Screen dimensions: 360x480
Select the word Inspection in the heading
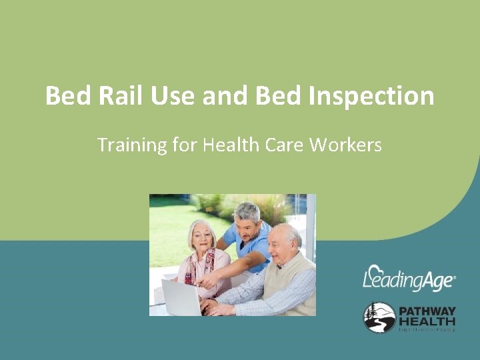372,96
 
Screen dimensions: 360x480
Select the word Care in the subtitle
287,145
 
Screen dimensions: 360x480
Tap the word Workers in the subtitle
346,145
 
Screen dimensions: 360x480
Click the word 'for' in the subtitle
187,145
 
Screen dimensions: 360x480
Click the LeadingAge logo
409,279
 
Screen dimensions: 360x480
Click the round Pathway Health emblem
379,317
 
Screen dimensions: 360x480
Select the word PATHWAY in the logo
427,311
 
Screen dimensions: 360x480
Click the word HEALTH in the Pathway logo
427,322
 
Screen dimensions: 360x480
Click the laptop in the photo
180,297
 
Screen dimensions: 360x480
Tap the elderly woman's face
200,237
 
